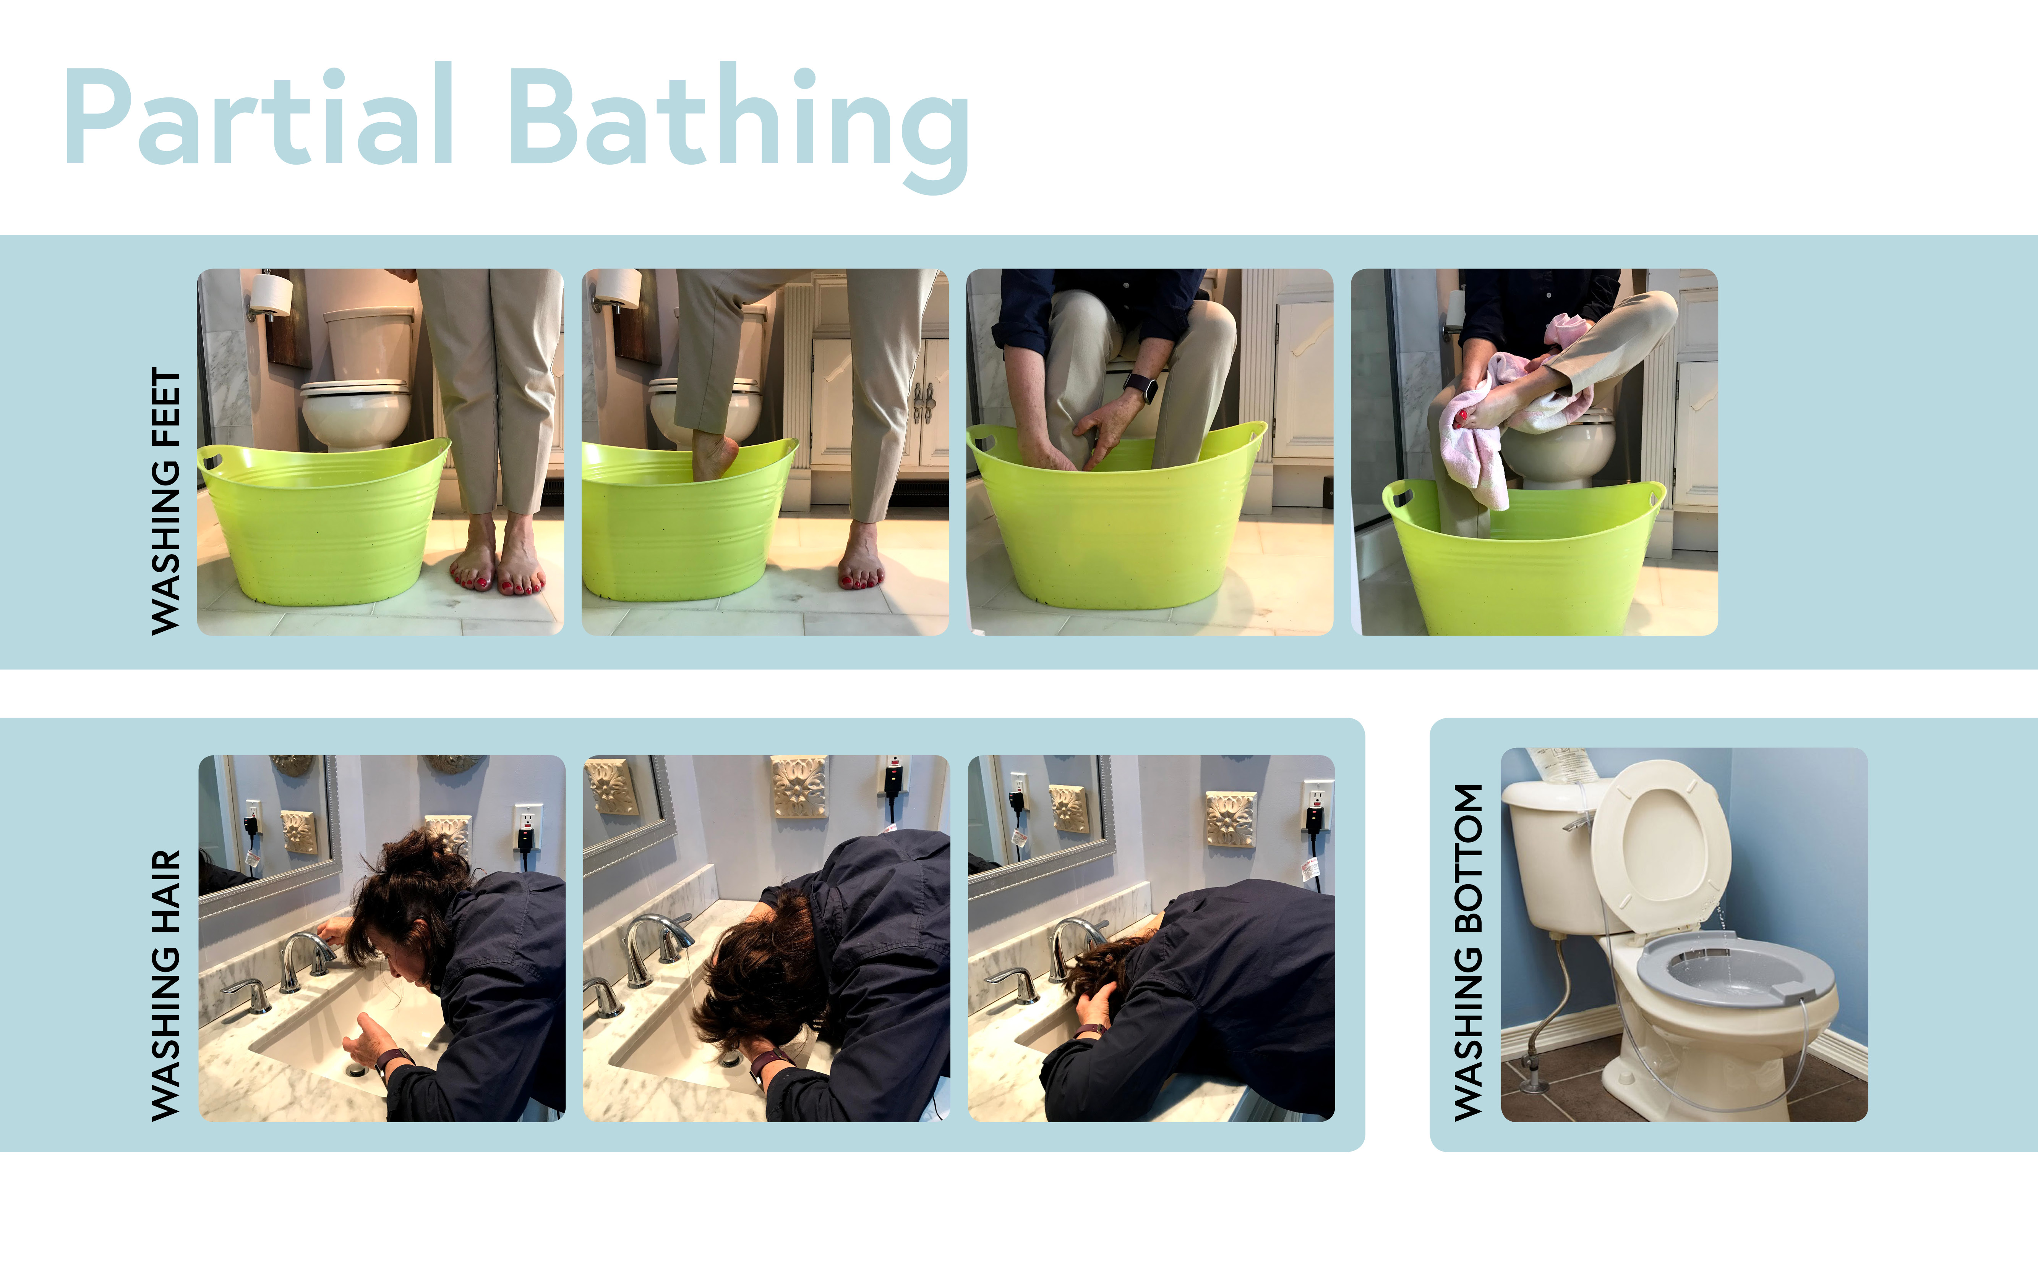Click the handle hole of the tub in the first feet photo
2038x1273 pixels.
tap(211, 461)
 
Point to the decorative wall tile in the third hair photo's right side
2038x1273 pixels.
tap(1231, 818)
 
